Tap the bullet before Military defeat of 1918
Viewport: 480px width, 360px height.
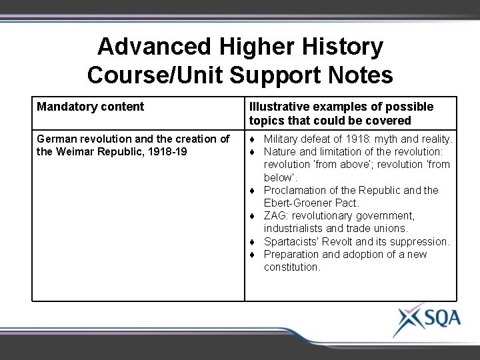253,139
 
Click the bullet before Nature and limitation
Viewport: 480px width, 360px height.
253,152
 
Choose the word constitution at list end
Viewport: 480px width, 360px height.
292,267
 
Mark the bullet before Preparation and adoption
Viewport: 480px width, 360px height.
253,255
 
